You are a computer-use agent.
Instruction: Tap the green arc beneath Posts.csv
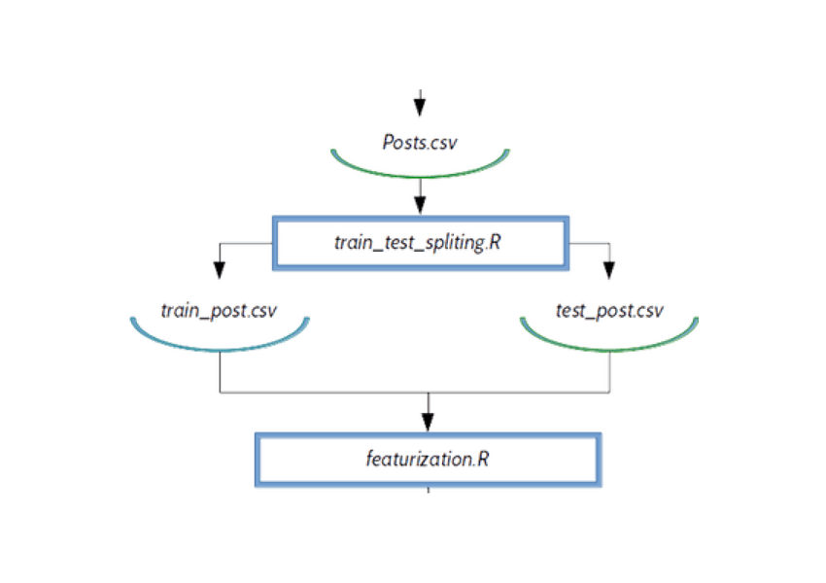[x=420, y=173]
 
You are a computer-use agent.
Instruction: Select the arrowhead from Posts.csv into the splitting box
[x=420, y=205]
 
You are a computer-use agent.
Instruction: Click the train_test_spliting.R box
[x=420, y=242]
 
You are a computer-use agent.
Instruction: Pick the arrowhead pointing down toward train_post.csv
[x=218, y=267]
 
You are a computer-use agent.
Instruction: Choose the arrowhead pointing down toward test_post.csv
[x=609, y=267]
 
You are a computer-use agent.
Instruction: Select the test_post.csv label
[x=608, y=312]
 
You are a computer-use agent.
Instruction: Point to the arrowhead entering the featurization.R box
[x=427, y=421]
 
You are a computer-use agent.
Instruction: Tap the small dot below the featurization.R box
[x=428, y=493]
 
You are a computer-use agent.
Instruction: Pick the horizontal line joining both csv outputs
[x=321, y=394]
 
